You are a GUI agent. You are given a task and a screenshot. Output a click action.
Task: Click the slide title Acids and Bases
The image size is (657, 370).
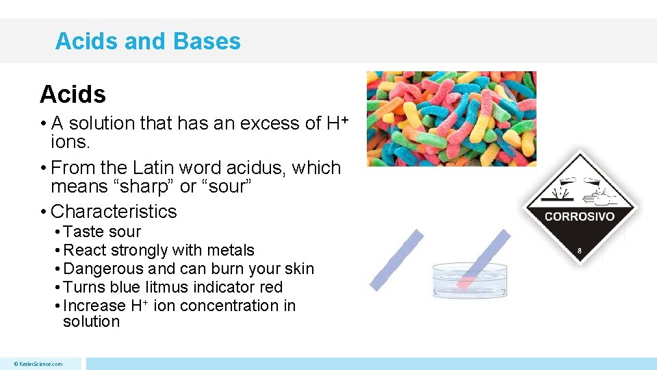[148, 41]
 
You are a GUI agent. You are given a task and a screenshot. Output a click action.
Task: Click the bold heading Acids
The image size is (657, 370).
[73, 94]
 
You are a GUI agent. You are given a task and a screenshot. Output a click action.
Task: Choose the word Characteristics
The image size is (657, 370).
[114, 211]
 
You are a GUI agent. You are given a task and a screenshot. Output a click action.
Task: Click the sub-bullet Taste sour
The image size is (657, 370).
[102, 232]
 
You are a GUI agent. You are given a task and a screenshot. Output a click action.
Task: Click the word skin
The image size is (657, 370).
[298, 269]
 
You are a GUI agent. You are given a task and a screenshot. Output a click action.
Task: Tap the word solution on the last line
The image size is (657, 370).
[91, 322]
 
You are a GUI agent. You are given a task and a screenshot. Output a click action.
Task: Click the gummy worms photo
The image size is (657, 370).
[451, 119]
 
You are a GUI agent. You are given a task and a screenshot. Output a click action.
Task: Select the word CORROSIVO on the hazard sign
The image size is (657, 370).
[580, 217]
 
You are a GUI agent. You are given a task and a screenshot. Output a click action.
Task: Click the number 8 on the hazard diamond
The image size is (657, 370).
[580, 251]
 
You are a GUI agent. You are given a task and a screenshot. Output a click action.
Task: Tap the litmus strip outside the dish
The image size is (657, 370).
[396, 260]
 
